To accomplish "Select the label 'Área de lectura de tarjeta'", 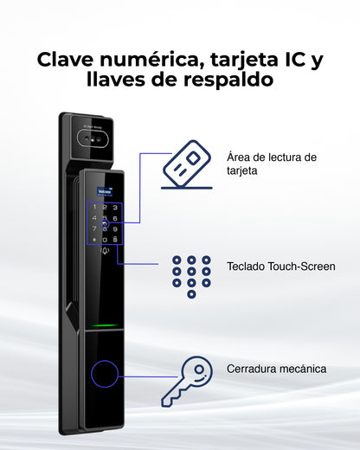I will pos(272,164).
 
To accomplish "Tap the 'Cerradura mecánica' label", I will pos(276,369).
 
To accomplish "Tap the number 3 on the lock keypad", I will pos(115,208).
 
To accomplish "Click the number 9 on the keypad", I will pos(115,228).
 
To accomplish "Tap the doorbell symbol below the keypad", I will pos(106,252).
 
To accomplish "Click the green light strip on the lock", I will pos(105,326).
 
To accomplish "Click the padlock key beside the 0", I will pos(115,239).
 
